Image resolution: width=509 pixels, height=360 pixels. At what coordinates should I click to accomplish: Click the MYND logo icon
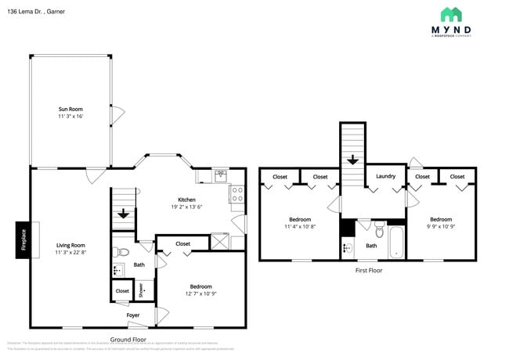[450, 14]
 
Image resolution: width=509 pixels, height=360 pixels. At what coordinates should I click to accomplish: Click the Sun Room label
[70, 109]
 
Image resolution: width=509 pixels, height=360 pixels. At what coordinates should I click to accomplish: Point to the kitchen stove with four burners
[236, 194]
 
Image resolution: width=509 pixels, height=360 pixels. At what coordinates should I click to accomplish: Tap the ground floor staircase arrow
[123, 214]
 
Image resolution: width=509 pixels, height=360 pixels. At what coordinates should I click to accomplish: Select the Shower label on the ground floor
[142, 290]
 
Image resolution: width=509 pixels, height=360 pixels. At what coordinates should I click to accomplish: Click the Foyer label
[134, 315]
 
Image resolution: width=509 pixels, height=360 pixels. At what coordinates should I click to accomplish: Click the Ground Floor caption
[128, 340]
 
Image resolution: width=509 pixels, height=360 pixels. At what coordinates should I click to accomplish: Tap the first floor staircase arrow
[353, 160]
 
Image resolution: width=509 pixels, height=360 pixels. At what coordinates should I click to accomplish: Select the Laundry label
[386, 177]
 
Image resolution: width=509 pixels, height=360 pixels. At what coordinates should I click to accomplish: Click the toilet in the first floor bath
[379, 231]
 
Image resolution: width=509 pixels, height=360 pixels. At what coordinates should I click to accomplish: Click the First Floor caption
[368, 270]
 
